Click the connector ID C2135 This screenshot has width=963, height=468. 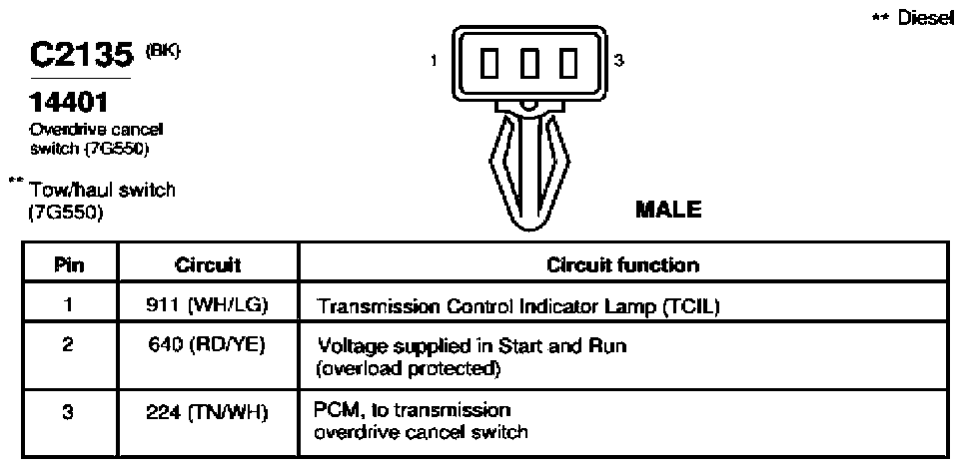click(82, 56)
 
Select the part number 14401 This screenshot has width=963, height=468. click(69, 102)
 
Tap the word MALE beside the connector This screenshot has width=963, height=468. click(668, 210)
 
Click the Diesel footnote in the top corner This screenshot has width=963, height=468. click(913, 18)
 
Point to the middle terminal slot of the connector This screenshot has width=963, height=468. click(530, 64)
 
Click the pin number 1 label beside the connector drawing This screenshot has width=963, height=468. click(434, 60)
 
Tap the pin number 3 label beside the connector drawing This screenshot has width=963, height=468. click(619, 60)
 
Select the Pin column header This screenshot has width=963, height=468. click(69, 265)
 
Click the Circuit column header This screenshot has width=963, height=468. click(208, 265)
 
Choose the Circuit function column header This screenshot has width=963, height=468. click(622, 265)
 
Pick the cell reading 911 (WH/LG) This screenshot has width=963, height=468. click(208, 304)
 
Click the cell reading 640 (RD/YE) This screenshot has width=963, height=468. click(208, 346)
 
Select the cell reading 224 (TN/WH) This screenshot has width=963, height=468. click(208, 411)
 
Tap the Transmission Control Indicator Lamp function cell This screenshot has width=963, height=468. click(517, 305)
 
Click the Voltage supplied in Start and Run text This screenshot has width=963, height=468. click(472, 346)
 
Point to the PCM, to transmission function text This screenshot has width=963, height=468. click(413, 409)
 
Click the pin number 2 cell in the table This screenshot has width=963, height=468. click(69, 345)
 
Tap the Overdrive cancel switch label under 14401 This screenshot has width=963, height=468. click(97, 140)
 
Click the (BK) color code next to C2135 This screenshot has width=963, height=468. click(163, 53)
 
